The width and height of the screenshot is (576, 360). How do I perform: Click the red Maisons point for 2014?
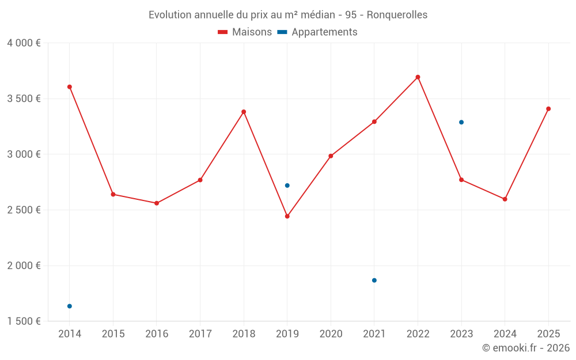coord(70,87)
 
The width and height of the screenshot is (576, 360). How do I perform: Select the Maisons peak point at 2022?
coord(418,77)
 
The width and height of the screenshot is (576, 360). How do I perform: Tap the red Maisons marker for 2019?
coord(287,217)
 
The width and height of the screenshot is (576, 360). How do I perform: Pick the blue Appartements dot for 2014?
coord(70,306)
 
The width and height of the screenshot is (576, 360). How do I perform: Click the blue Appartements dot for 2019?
coord(287,185)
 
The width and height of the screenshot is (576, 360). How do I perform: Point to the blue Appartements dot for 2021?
coord(374,281)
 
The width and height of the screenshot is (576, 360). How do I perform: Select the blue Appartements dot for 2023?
coord(461,122)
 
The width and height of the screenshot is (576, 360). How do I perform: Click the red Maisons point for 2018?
coord(244,112)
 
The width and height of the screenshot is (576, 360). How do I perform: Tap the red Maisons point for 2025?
coord(548,109)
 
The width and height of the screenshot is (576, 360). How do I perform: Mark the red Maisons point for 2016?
coord(157,203)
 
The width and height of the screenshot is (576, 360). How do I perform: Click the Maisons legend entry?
coord(245,32)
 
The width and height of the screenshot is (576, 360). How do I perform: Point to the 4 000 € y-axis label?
coord(24,43)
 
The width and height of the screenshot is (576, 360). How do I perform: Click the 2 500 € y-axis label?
coord(24,210)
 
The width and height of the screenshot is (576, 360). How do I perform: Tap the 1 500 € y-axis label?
coord(24,321)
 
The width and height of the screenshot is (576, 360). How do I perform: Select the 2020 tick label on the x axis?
coord(331,334)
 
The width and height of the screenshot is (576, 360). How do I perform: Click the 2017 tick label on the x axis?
coord(200,334)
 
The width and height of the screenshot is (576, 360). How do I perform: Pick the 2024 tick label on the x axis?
coord(505,334)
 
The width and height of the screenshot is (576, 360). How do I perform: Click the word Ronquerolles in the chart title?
coord(397,15)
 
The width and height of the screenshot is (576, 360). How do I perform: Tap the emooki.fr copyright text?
coord(525,348)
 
